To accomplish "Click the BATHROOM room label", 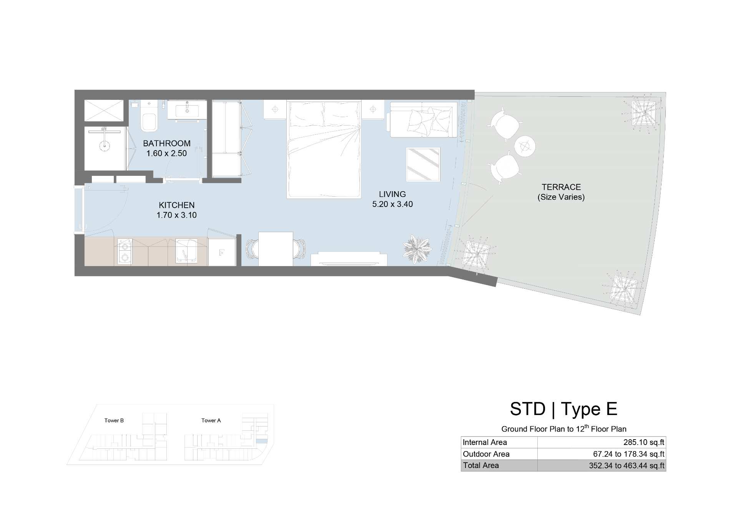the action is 167,144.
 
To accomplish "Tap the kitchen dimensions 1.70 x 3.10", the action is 176,215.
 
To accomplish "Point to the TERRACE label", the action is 561,187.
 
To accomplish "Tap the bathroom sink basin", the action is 187,110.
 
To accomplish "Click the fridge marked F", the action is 222,252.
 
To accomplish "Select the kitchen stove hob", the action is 124,252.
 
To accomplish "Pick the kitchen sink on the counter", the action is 186,251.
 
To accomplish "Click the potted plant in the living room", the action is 417,249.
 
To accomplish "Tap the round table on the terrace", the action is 525,146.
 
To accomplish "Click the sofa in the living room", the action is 424,119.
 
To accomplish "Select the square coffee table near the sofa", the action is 423,164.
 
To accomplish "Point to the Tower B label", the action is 114,420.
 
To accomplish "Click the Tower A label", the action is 211,420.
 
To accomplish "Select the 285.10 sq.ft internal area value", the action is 644,442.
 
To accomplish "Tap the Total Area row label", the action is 481,465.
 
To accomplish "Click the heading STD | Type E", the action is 563,409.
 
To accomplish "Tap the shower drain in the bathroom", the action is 104,145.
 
